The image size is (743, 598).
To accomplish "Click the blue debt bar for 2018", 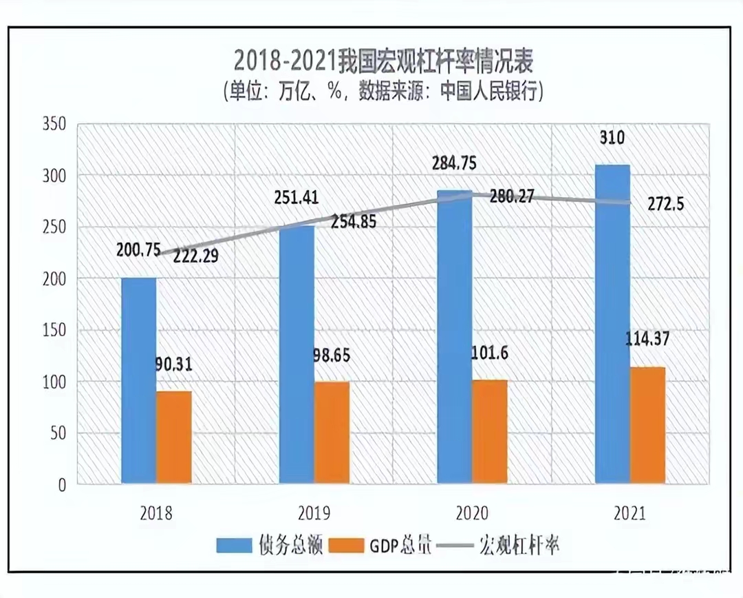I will tap(138, 380).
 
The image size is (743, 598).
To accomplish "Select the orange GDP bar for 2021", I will tap(647, 425).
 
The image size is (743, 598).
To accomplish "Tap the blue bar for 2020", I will tap(455, 338).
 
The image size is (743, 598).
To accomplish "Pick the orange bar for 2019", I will tap(332, 432).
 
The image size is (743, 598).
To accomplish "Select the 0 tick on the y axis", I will tap(61, 485).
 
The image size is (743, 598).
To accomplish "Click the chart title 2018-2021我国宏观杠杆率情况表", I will tap(384, 62).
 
